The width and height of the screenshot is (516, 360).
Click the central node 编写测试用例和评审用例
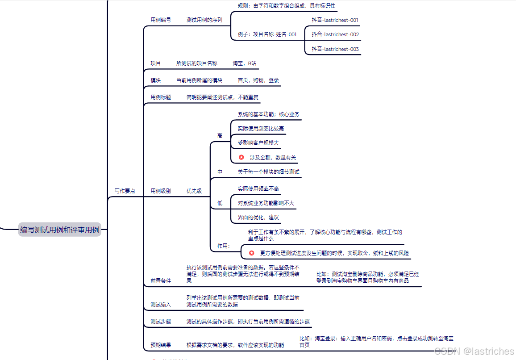click(60, 230)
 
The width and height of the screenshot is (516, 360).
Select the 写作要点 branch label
click(125, 191)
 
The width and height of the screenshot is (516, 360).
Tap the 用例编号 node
click(161, 20)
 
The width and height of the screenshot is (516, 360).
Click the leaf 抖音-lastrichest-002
click(335, 34)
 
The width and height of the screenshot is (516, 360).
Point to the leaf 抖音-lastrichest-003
click(335, 49)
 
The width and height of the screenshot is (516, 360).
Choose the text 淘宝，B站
click(244, 63)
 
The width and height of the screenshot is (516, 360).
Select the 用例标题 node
click(161, 97)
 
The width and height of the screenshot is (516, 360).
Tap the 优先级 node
click(194, 191)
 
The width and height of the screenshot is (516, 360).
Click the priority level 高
click(220, 136)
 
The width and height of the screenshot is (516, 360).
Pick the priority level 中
click(220, 172)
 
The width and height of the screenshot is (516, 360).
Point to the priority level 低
click(220, 203)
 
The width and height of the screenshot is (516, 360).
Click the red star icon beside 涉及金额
click(241, 157)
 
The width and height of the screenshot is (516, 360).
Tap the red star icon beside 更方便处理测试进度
click(252, 253)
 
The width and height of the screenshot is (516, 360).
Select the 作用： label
click(224, 246)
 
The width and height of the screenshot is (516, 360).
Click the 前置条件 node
click(161, 281)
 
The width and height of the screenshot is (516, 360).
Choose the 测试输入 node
click(161, 305)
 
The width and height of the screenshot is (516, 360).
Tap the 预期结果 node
click(161, 345)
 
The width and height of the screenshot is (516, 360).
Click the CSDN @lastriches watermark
click(474, 352)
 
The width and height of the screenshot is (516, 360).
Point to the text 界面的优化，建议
click(258, 218)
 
